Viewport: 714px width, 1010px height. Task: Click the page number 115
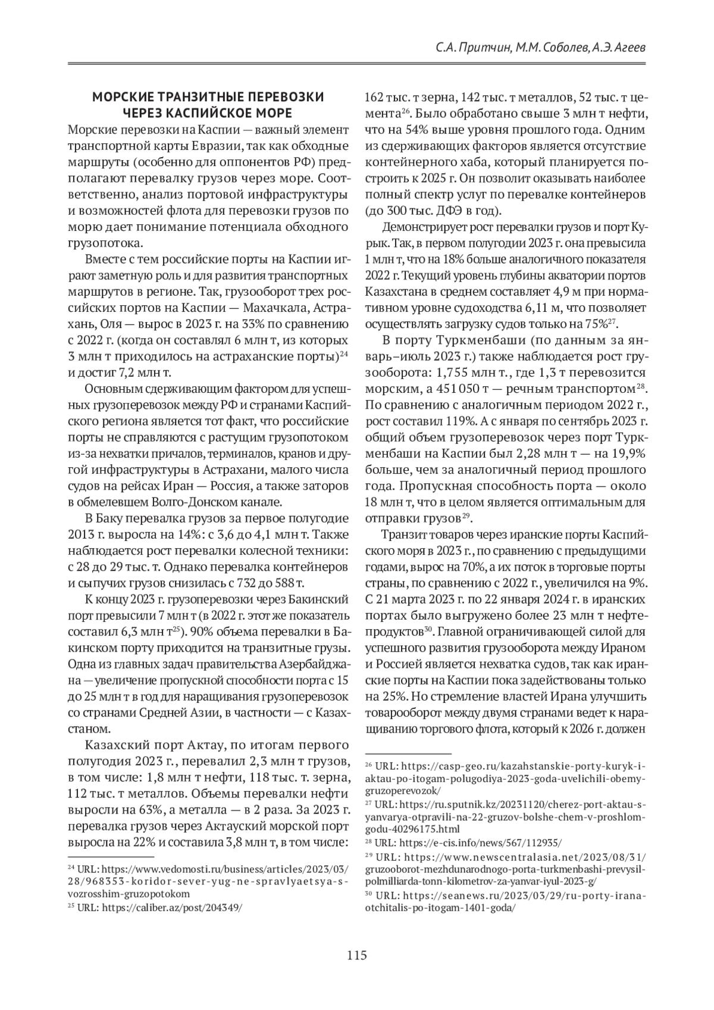[x=357, y=956]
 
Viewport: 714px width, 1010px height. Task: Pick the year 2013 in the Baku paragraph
[x=80, y=534]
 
